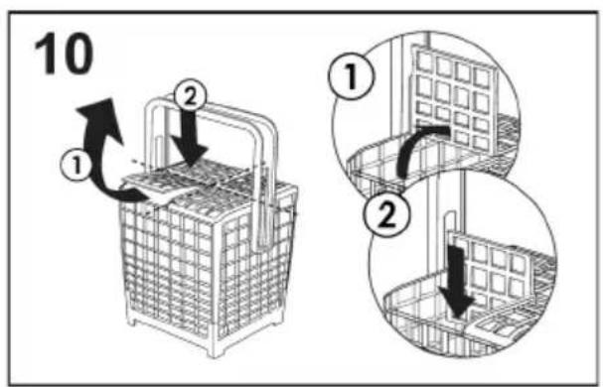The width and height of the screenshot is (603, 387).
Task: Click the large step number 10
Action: pos(64,53)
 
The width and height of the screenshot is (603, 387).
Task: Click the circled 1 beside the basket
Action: pos(76,166)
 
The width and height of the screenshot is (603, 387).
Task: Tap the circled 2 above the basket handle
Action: pos(190,98)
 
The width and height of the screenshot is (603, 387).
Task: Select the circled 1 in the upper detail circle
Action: pos(351,76)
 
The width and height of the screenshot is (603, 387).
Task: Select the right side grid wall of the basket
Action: pos(253,265)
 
